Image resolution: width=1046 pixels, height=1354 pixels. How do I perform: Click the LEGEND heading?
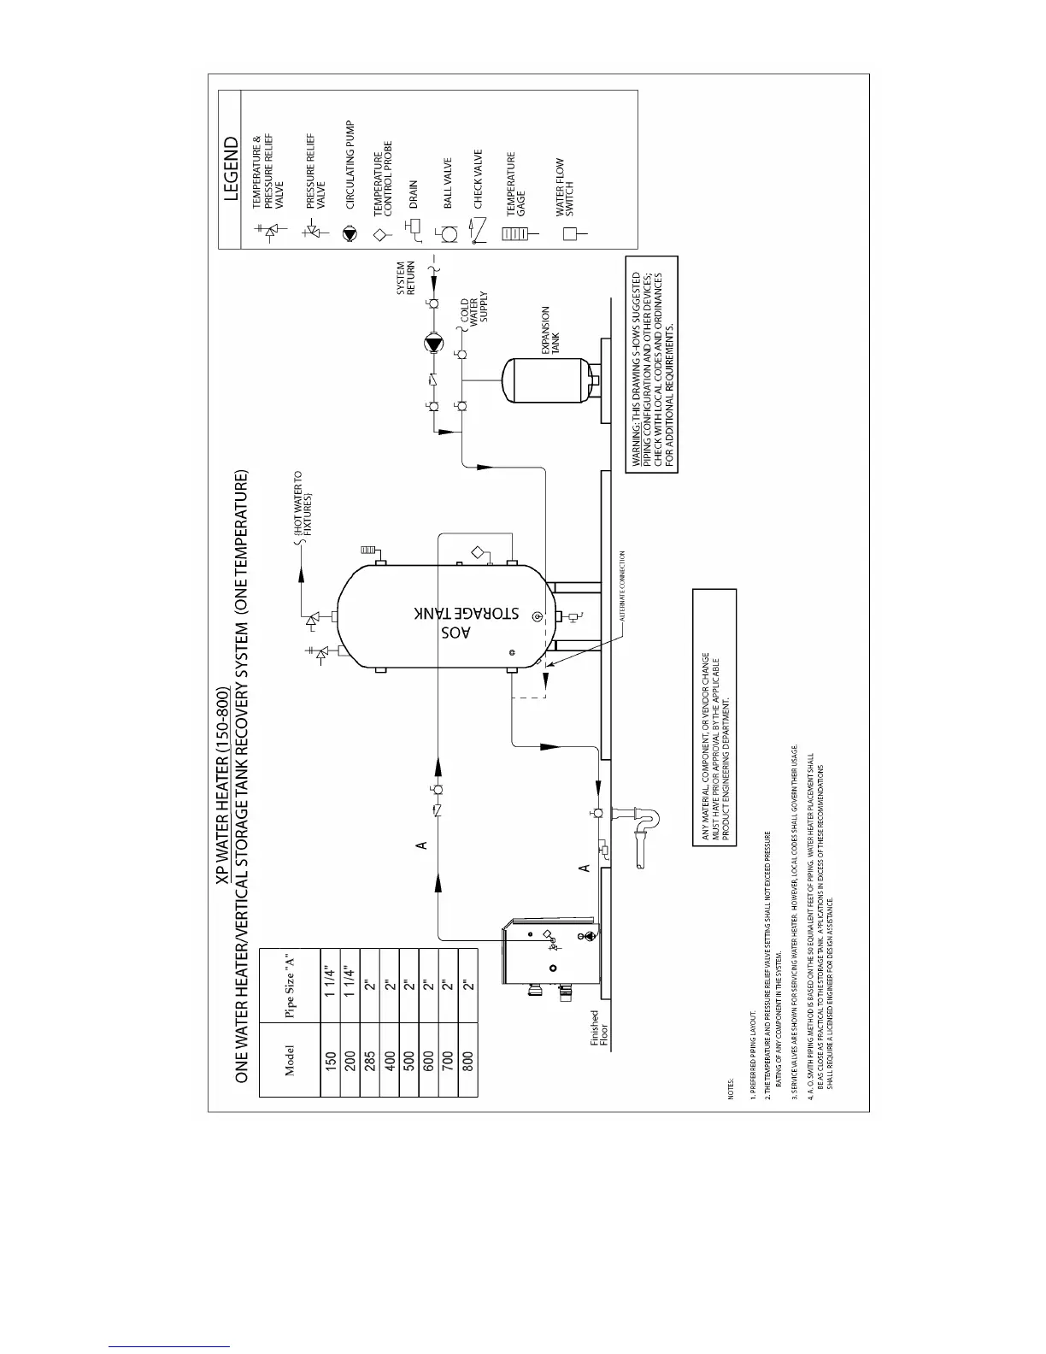coord(231,168)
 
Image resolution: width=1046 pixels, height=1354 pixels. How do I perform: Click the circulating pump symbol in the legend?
coord(348,233)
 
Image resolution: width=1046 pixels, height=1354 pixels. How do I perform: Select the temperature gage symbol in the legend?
coord(513,233)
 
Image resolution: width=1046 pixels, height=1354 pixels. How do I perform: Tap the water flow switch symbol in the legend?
coord(570,233)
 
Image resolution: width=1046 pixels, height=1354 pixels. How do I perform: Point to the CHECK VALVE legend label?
coord(478,180)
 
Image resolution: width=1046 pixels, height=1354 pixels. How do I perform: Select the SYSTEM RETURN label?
coord(406,278)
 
